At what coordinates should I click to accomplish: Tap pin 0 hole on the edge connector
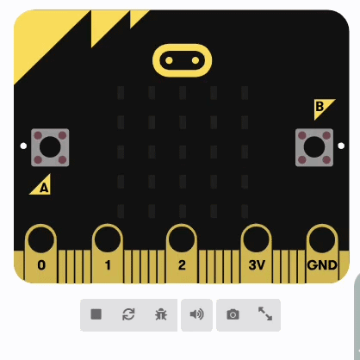point(41,239)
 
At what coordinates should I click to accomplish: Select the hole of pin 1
point(108,239)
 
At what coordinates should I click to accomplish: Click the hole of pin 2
point(182,239)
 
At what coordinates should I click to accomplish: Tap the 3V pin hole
point(256,239)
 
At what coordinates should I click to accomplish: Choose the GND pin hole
point(322,239)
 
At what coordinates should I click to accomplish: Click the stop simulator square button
point(96,314)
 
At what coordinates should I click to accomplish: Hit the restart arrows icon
point(128,314)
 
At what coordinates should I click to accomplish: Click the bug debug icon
point(161,314)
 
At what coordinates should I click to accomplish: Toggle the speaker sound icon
point(197,314)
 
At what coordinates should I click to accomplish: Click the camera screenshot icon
point(233,314)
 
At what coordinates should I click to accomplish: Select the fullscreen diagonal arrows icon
point(265,313)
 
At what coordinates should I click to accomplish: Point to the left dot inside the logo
point(169,60)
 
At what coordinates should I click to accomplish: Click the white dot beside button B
point(341,146)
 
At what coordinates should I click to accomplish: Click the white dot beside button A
point(23,146)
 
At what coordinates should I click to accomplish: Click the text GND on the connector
point(322,265)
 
